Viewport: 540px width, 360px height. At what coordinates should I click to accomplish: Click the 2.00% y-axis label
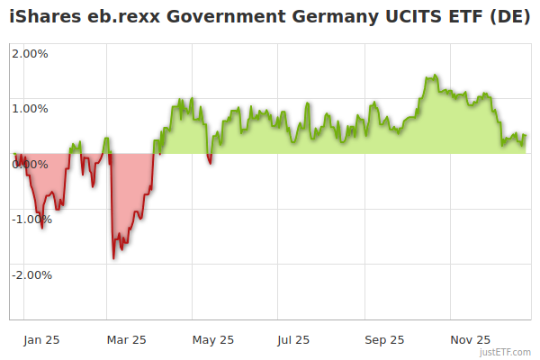coord(30,53)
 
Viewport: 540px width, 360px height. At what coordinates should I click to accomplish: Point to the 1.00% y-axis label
coord(30,109)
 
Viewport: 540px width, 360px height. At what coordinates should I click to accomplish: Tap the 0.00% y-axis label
coord(30,165)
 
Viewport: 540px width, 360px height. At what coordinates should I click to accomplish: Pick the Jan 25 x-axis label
coord(41,339)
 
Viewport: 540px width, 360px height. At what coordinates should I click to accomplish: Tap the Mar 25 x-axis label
coord(126,339)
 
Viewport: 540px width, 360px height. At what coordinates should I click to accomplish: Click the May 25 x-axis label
coord(213,339)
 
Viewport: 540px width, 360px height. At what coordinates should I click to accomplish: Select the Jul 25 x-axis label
coord(293,339)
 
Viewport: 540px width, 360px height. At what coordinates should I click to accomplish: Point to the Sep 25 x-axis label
coord(384,339)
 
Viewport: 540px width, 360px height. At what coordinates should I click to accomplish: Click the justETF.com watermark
coord(506,353)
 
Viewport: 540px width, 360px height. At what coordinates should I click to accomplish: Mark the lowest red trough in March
coord(113,258)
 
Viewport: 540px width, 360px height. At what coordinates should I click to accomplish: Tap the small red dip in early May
coord(210,163)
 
